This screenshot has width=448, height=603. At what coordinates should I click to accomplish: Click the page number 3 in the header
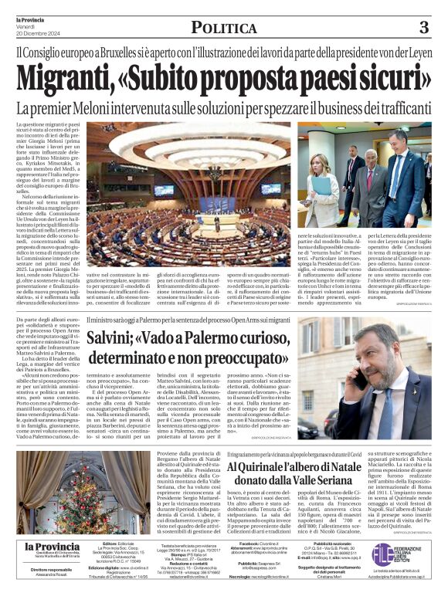tap(423, 28)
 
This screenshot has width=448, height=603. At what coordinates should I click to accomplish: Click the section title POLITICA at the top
tap(223, 29)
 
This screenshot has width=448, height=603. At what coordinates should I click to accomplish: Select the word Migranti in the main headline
tap(64, 80)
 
